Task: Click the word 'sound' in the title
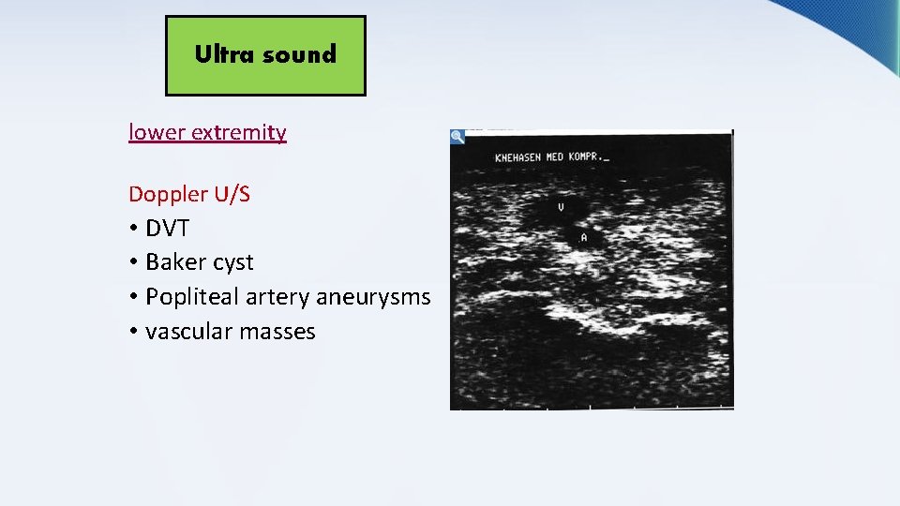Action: tap(299, 54)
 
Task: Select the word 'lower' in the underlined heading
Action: tap(157, 132)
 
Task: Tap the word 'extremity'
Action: tap(239, 132)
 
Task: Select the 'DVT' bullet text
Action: tap(167, 229)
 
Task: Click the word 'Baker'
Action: tap(176, 262)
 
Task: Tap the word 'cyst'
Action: tap(233, 262)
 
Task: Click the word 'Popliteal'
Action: tap(192, 297)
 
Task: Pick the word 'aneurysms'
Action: tap(373, 297)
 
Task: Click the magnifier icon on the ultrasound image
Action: tap(457, 137)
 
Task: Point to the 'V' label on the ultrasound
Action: tap(561, 207)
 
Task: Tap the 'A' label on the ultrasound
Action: tap(584, 238)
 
